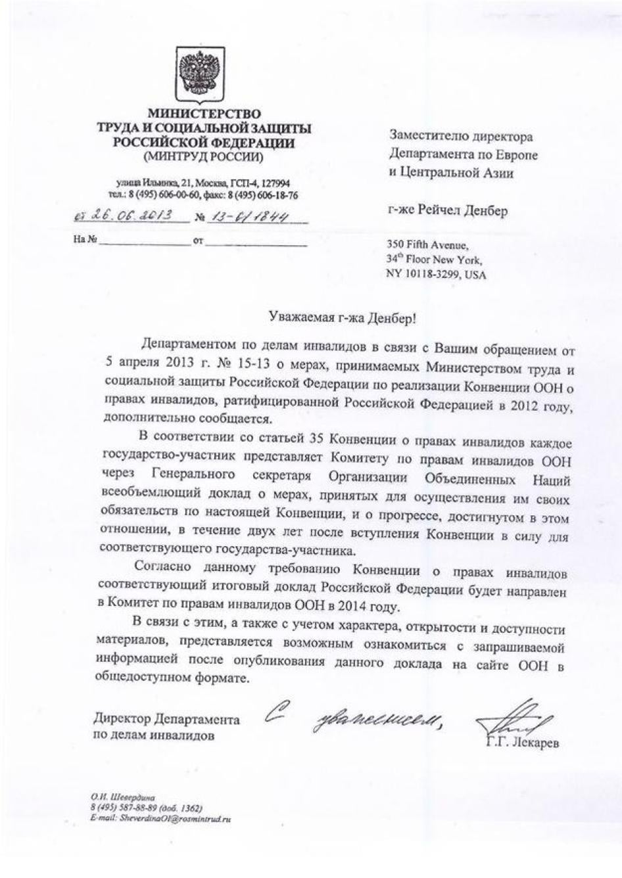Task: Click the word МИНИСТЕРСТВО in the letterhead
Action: point(204,114)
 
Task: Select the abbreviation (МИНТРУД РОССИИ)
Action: point(203,156)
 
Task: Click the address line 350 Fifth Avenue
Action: point(427,245)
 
